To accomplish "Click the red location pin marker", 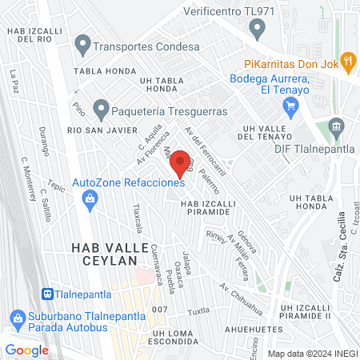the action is [181, 160].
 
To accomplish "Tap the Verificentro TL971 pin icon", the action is [257, 30].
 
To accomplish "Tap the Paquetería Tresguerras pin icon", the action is [101, 107].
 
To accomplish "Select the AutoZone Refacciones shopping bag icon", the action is [90, 198].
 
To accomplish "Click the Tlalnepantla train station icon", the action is [48, 294].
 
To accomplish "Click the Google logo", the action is [26, 350].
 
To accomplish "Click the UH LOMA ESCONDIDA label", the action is [162, 336].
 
